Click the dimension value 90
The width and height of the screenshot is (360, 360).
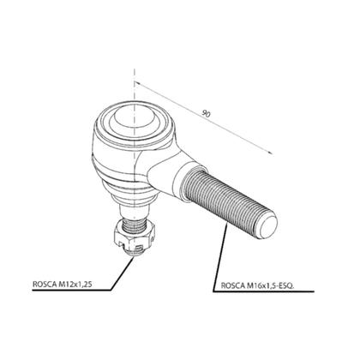tap(206, 114)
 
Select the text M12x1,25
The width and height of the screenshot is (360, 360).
tap(75, 285)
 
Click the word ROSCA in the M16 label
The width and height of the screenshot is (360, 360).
tap(233, 285)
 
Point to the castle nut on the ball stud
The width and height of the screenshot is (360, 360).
tap(135, 235)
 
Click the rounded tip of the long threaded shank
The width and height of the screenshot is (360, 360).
tap(268, 226)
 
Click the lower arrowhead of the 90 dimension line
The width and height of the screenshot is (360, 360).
tap(269, 152)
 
